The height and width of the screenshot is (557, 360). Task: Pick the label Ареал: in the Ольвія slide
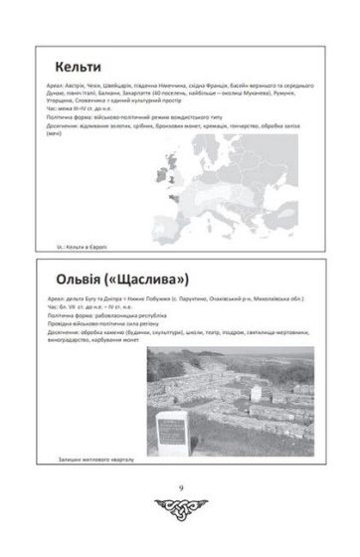tap(54, 296)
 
